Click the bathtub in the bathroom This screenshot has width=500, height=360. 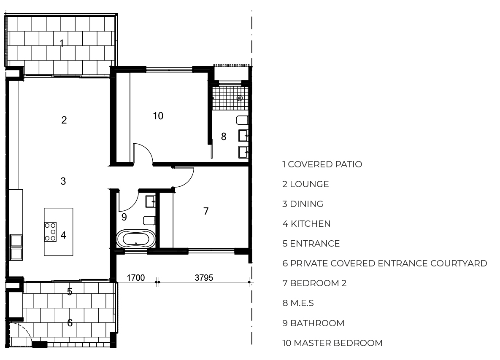(x=136, y=239)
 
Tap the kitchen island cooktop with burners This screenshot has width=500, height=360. (x=50, y=231)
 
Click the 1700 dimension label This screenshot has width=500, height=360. (x=136, y=278)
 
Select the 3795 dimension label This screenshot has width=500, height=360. (x=204, y=278)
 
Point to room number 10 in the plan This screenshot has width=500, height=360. (x=158, y=116)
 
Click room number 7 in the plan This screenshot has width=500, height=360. (x=206, y=211)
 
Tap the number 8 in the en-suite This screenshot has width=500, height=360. (x=224, y=136)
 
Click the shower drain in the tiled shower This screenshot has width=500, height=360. (x=240, y=98)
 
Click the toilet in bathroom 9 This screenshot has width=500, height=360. (x=149, y=220)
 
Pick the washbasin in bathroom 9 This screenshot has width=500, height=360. (x=151, y=201)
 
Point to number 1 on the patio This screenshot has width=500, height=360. (x=62, y=43)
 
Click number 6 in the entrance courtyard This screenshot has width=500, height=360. (x=70, y=323)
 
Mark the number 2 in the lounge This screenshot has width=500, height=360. (x=64, y=120)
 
